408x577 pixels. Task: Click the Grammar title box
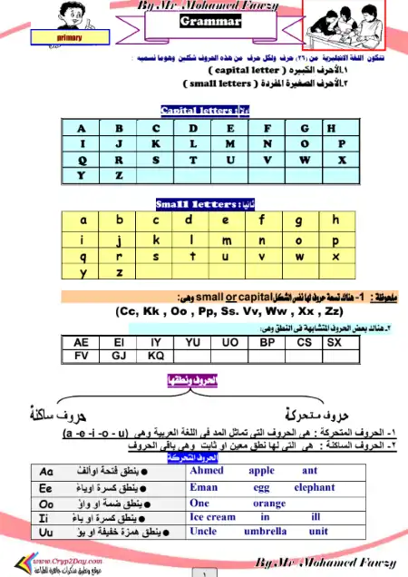pyautogui.click(x=209, y=21)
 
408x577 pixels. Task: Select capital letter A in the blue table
pyautogui.click(x=81, y=128)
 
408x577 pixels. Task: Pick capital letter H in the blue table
pyautogui.click(x=331, y=128)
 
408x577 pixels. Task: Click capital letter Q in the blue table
pyautogui.click(x=81, y=160)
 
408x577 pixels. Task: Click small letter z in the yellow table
pyautogui.click(x=119, y=271)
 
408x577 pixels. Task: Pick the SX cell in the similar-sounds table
pyautogui.click(x=334, y=342)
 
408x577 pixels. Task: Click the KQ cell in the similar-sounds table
pyautogui.click(x=155, y=356)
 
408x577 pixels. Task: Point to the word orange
pyautogui.click(x=269, y=503)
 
